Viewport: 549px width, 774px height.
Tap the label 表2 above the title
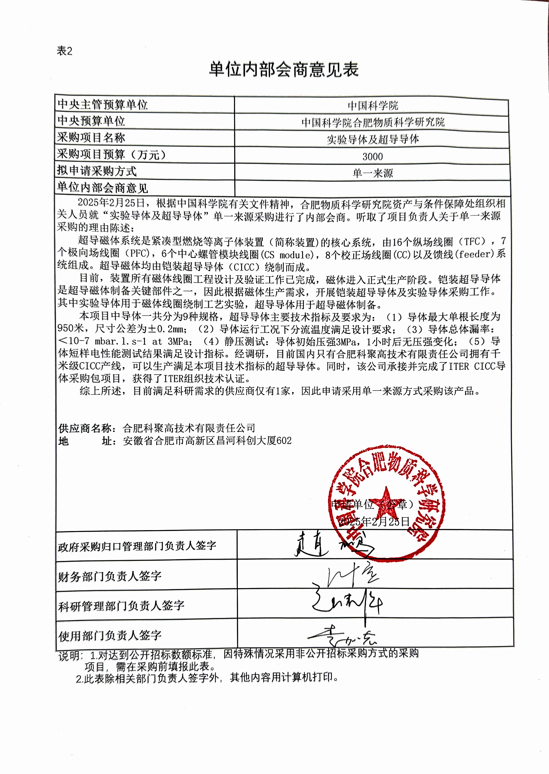(x=65, y=51)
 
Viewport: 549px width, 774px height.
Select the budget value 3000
(x=372, y=157)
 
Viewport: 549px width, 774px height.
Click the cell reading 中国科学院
(x=372, y=106)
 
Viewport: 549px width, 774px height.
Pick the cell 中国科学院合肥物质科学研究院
(x=372, y=122)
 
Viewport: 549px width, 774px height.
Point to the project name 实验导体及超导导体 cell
(x=372, y=139)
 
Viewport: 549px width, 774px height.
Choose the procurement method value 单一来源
(x=372, y=173)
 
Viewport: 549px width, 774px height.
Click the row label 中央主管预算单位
(x=102, y=104)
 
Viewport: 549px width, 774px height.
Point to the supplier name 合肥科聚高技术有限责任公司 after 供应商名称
(x=189, y=428)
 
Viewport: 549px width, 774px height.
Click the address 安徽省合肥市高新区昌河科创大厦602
(x=207, y=441)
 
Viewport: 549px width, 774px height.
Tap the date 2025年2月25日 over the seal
(x=374, y=522)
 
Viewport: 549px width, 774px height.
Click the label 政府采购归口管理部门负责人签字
(x=137, y=546)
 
